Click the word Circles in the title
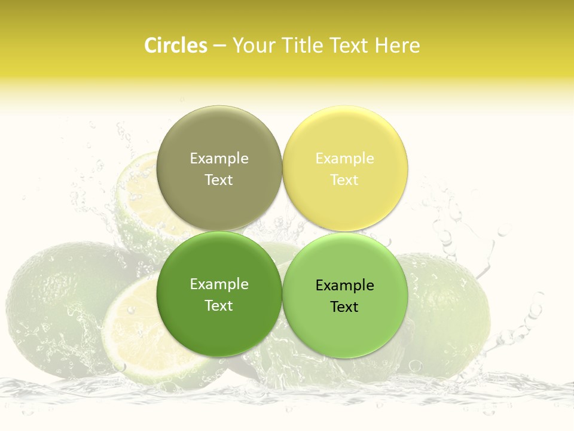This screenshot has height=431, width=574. pos(175,45)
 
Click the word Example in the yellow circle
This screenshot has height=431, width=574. pos(344,159)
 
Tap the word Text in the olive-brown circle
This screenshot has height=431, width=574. pos(219,180)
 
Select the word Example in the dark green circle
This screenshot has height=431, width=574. pos(219,284)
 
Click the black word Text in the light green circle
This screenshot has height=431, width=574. pos(344,307)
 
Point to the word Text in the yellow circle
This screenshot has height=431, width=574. pos(344,180)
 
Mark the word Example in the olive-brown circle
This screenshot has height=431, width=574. pos(219,159)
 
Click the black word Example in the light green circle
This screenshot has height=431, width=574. pos(344,286)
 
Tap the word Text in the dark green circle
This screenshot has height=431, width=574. pos(219,306)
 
